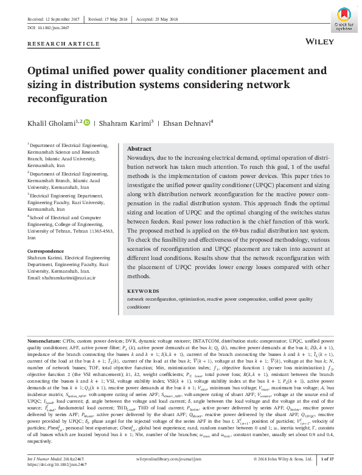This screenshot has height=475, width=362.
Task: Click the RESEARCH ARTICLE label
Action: click(63, 44)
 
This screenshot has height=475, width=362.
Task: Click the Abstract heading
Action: click(139, 149)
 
